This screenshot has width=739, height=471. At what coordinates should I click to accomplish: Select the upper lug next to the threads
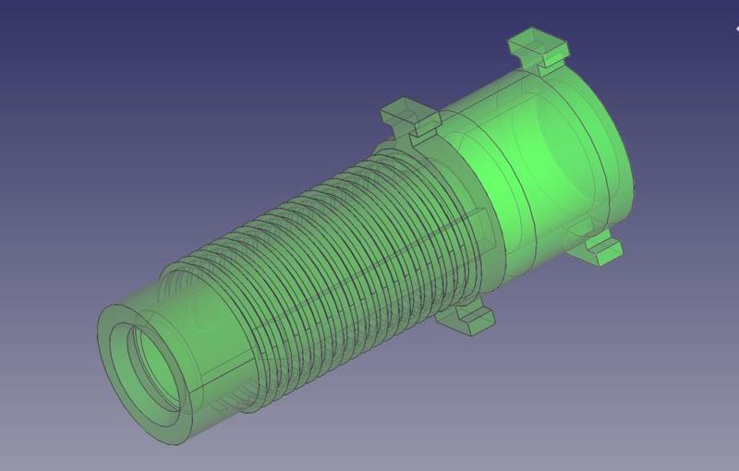click(410, 117)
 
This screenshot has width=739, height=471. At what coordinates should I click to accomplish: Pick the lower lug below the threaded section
click(467, 319)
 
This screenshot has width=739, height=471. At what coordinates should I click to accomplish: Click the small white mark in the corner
click(736, 28)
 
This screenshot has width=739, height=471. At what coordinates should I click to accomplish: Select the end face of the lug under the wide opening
click(605, 255)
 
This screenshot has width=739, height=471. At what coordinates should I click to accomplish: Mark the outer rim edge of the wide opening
click(634, 166)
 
